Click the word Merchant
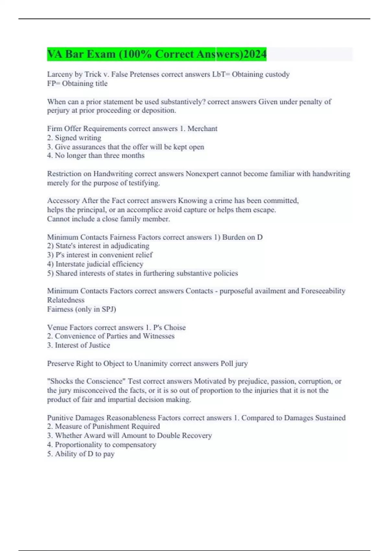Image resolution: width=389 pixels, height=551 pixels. click(x=202, y=129)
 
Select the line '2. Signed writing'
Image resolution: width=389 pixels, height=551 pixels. click(x=74, y=138)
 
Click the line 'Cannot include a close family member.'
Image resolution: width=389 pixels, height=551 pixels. click(x=109, y=219)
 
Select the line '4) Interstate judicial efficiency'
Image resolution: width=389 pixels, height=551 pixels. click(x=95, y=264)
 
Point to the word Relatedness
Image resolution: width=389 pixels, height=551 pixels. click(x=66, y=300)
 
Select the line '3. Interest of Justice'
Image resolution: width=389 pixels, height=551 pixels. click(x=79, y=345)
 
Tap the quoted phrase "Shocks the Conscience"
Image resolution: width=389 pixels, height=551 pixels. click(x=86, y=381)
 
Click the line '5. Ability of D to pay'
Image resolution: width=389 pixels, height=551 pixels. click(x=81, y=454)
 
